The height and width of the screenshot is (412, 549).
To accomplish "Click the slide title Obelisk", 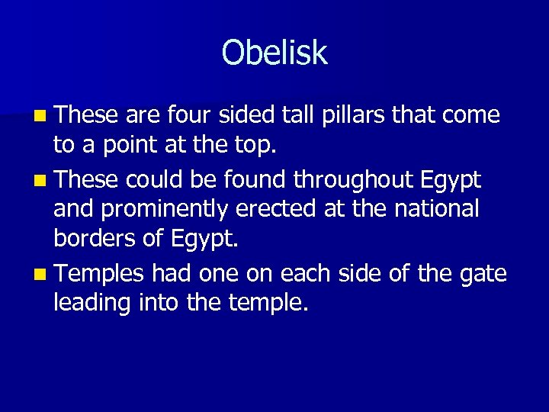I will [274, 53].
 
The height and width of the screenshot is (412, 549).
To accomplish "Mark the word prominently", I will [179, 209].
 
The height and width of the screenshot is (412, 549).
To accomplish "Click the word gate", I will [482, 273].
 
